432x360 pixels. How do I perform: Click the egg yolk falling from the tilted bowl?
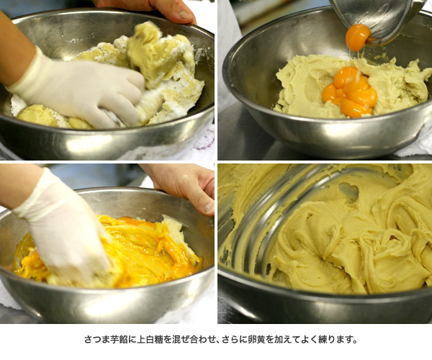[x=358, y=37]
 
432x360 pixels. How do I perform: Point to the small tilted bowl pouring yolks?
[x=377, y=21]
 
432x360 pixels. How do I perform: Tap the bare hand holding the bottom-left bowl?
[x=182, y=187]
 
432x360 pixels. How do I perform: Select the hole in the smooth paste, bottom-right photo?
[x=348, y=192]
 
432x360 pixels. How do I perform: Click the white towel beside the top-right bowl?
[x=416, y=143]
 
